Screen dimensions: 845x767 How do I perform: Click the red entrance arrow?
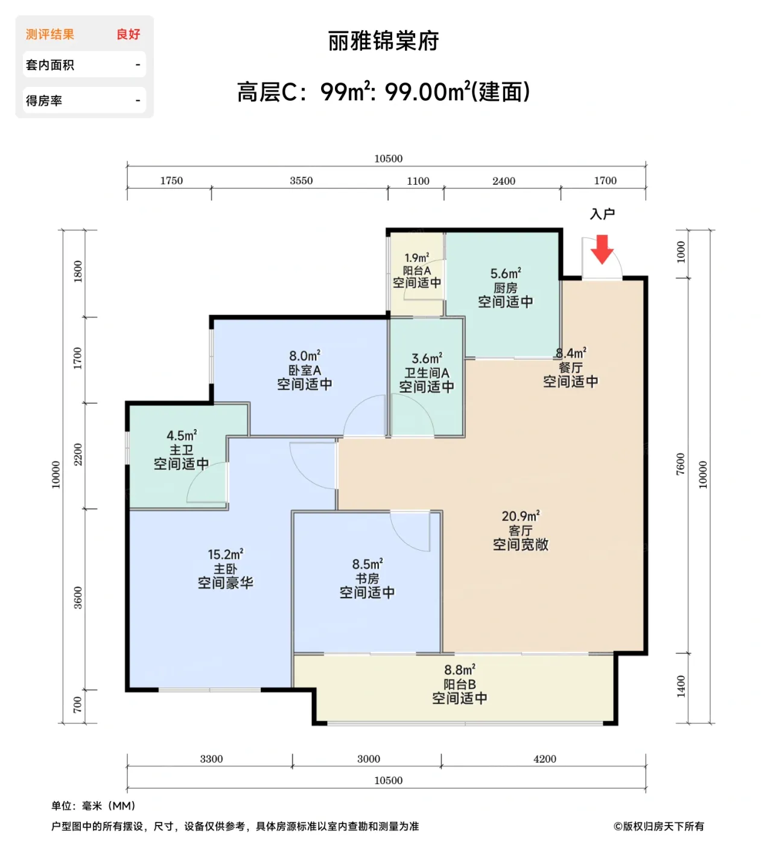(x=602, y=249)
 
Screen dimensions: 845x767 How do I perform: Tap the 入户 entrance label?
(x=602, y=214)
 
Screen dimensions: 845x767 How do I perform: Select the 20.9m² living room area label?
(x=520, y=517)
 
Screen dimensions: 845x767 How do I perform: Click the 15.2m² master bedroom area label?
(x=225, y=555)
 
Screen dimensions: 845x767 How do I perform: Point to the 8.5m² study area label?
(x=367, y=564)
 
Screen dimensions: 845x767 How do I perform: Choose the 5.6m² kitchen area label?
(x=505, y=274)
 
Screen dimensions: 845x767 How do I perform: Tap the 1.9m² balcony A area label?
(x=416, y=258)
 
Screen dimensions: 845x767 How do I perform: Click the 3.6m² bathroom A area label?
(x=427, y=359)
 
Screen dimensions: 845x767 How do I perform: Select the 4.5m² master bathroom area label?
(x=182, y=436)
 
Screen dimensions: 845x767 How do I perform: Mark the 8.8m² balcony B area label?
(x=459, y=670)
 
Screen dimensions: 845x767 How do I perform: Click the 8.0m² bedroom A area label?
(x=304, y=356)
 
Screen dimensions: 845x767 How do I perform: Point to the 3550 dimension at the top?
(x=301, y=180)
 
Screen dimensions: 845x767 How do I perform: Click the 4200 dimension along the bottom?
(x=544, y=759)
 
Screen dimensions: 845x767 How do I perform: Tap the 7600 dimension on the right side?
(x=681, y=464)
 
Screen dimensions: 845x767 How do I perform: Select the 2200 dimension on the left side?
(x=78, y=454)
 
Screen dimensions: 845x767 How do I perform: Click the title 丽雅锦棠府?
(x=383, y=41)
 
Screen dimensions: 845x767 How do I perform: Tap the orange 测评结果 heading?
(x=50, y=34)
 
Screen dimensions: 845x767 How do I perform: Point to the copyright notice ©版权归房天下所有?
(x=658, y=826)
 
